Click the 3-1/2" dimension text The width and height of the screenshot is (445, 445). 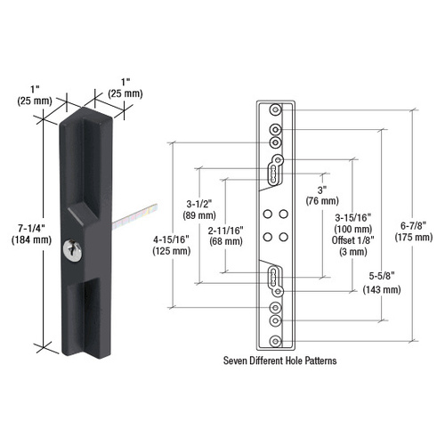[198, 202]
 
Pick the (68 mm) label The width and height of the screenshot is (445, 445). [226, 240]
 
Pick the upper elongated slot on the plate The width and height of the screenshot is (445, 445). [276, 166]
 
